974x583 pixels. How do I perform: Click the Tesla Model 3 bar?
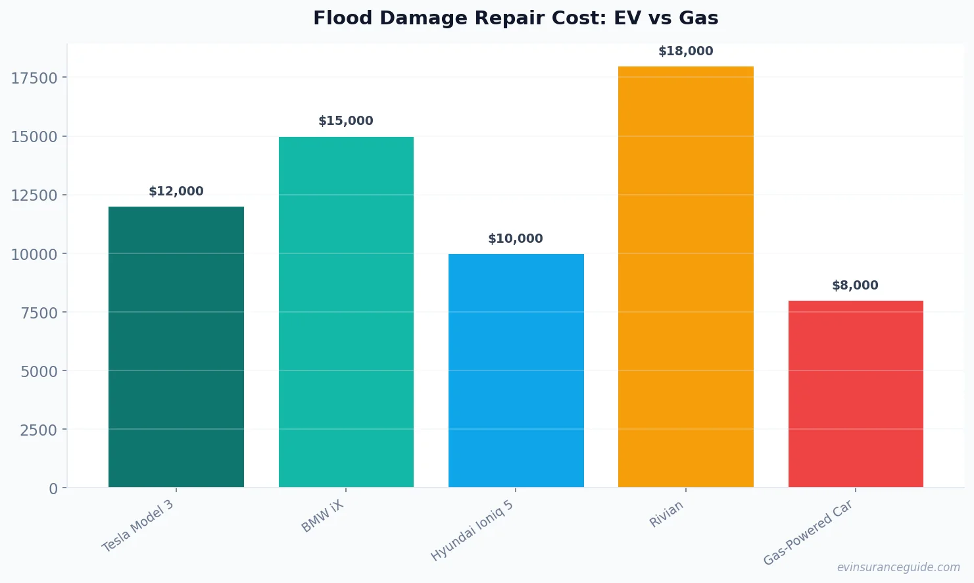click(x=176, y=347)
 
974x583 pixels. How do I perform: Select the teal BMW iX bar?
click(x=346, y=312)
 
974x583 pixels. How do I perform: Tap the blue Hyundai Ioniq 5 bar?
click(x=516, y=370)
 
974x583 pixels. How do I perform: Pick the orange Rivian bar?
click(x=685, y=276)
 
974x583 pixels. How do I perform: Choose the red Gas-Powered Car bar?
click(x=855, y=393)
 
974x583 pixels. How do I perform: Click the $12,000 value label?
click(x=176, y=191)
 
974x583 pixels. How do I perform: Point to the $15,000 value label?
click(x=346, y=121)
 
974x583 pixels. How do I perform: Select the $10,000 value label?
click(x=516, y=239)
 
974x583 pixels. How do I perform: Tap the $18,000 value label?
click(x=685, y=51)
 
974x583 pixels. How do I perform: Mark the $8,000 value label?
click(x=855, y=286)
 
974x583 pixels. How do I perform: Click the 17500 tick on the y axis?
click(x=34, y=78)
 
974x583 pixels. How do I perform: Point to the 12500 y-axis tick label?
click(x=34, y=195)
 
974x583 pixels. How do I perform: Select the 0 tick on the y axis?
click(x=53, y=489)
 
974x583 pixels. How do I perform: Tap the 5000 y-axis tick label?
click(x=39, y=372)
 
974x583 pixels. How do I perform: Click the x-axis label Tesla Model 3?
click(x=138, y=526)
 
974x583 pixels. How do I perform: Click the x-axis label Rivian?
click(x=666, y=514)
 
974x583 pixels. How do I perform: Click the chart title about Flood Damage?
click(x=516, y=18)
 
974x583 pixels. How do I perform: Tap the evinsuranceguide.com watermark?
click(x=898, y=567)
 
